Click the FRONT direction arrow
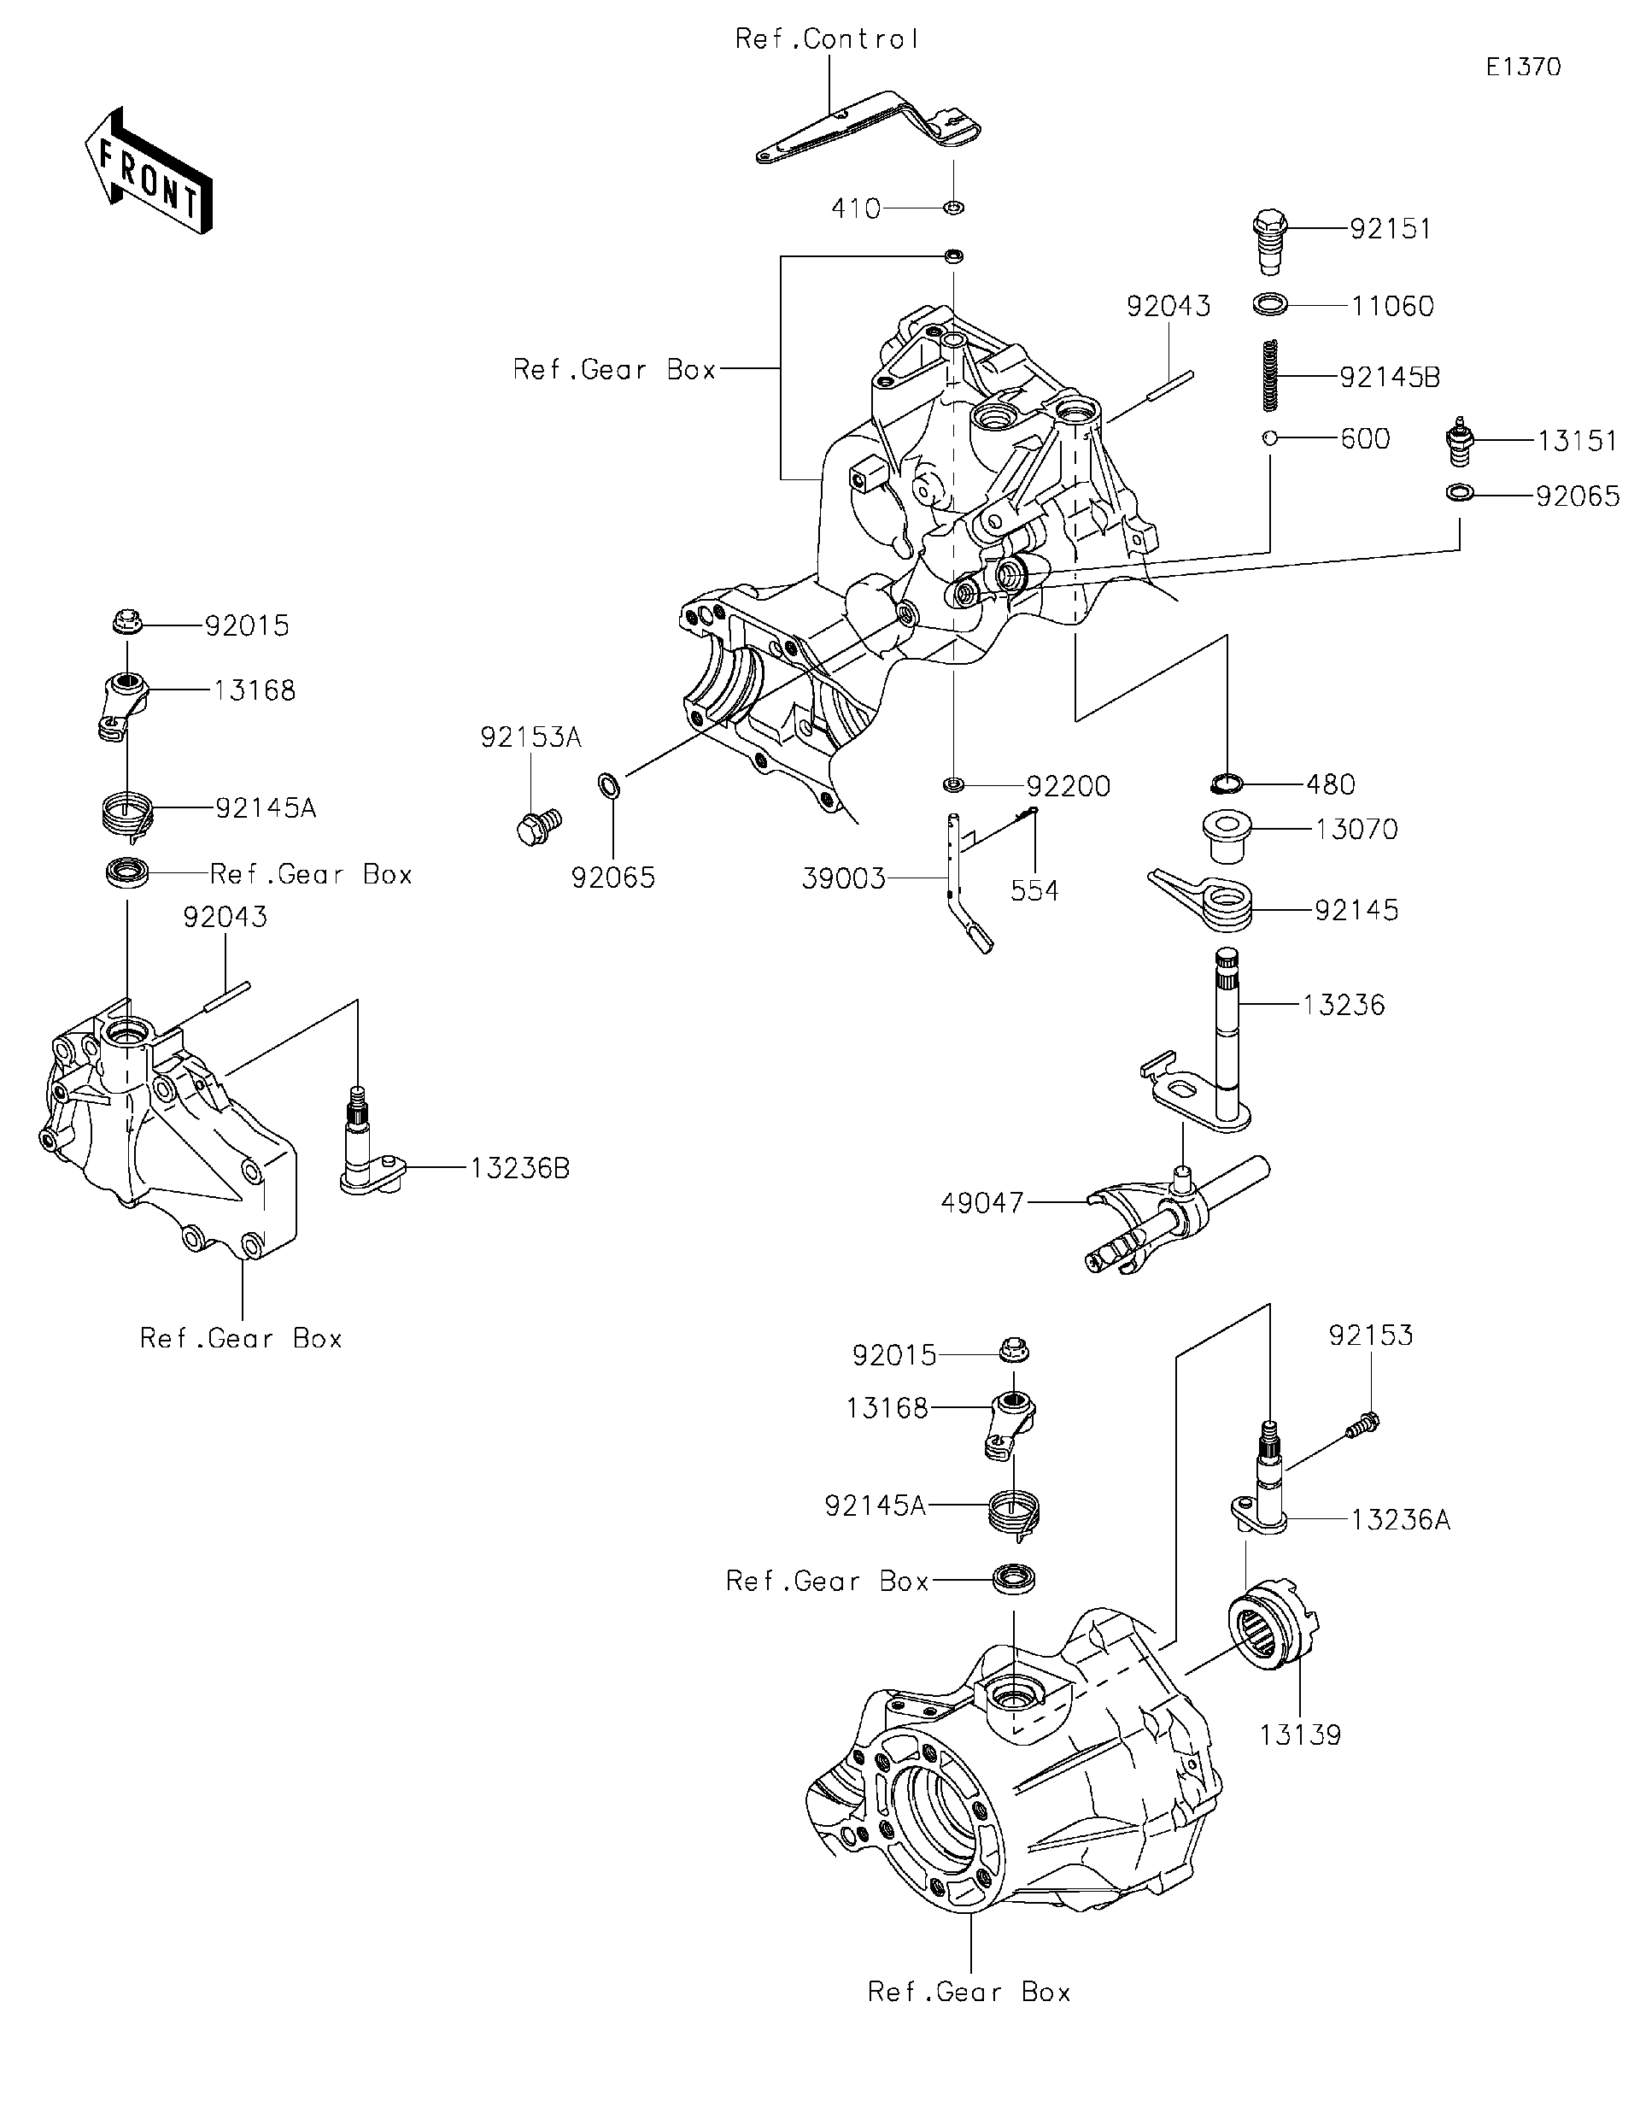click(x=148, y=171)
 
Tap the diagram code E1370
click(x=1523, y=67)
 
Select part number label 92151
click(x=1390, y=229)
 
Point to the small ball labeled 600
click(x=1268, y=438)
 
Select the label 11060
click(x=1391, y=307)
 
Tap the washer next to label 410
click(x=953, y=207)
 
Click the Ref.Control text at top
click(x=826, y=40)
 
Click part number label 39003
click(x=844, y=879)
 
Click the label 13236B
click(x=520, y=1168)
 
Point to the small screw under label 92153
click(x=1362, y=1425)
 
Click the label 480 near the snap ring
click(x=1331, y=784)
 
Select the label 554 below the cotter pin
click(x=1034, y=890)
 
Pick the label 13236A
click(x=1399, y=1520)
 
